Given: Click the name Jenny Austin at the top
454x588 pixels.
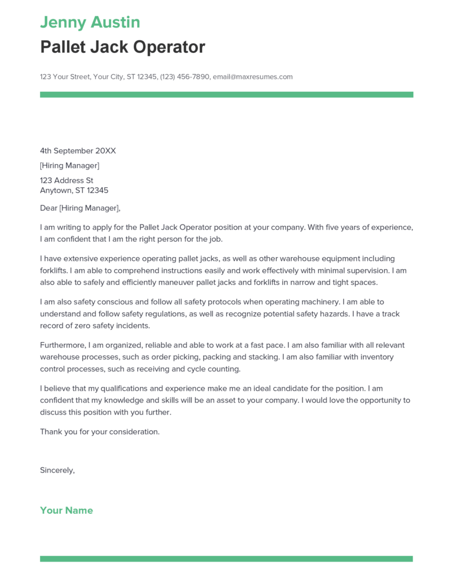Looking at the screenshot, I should (90, 22).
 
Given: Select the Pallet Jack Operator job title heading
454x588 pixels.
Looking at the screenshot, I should (122, 47).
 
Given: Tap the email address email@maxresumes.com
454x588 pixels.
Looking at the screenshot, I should (253, 76).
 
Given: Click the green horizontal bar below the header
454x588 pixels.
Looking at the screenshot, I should (226, 94).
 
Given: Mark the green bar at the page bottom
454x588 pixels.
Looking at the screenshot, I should (226, 558).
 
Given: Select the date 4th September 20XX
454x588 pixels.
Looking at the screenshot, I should (78, 151).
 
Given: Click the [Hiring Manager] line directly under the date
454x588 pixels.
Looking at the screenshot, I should (69, 166).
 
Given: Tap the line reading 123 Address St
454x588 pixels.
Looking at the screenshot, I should (67, 180).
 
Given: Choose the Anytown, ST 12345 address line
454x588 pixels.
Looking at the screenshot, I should (74, 190).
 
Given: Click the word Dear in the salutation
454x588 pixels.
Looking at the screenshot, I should (49, 208).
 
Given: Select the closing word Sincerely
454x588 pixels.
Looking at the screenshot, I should (57, 470).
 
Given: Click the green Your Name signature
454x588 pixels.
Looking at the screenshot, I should (67, 510).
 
